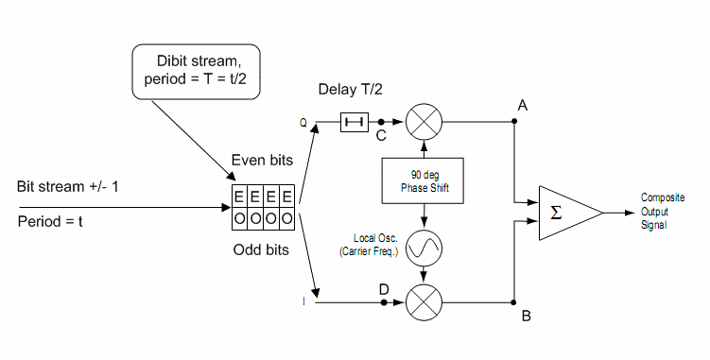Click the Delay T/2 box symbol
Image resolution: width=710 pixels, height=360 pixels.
tap(355, 122)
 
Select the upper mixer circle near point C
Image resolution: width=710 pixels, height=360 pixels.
tap(422, 122)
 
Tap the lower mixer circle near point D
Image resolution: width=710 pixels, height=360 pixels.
tap(422, 303)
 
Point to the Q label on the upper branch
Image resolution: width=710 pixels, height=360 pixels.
tap(303, 122)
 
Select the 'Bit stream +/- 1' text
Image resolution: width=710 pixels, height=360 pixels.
tap(69, 185)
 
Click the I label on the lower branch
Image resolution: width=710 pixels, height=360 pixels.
tap(303, 302)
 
